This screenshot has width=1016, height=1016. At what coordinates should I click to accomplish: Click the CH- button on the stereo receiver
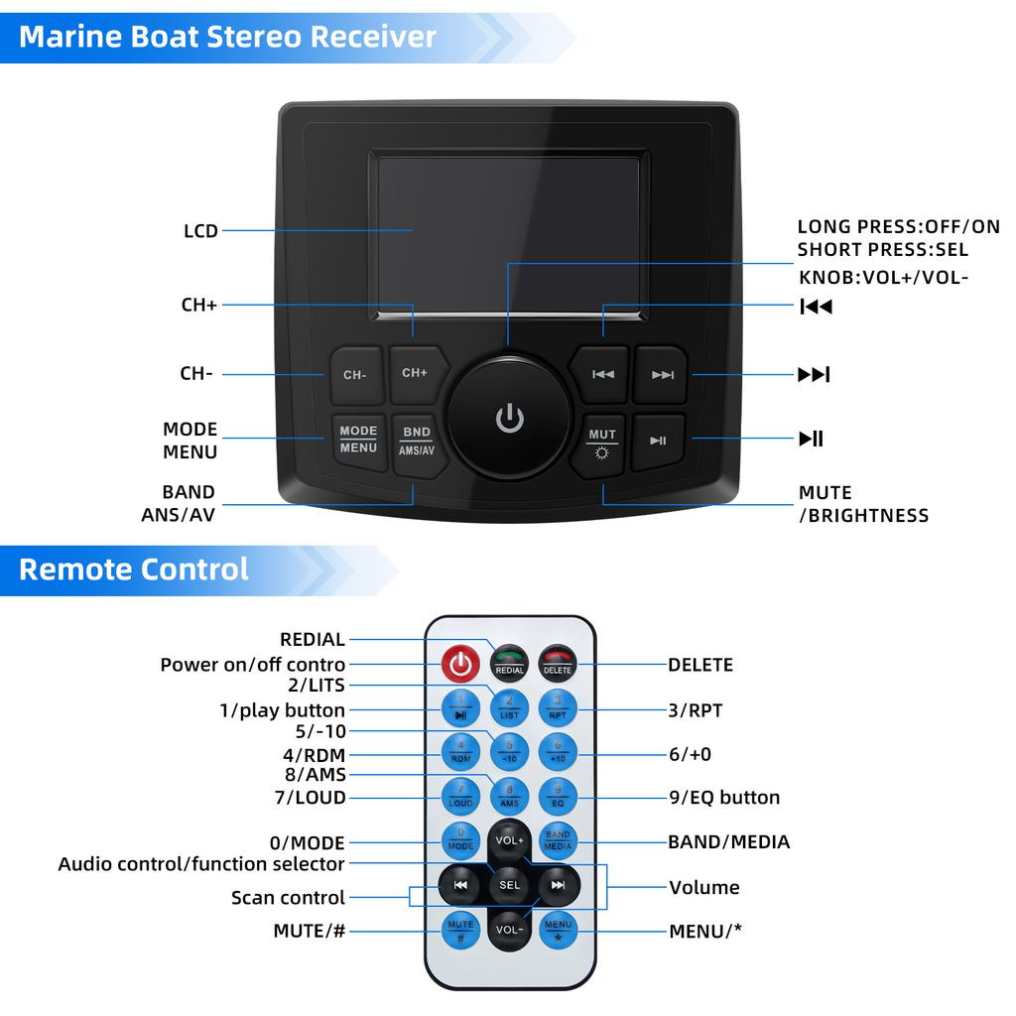(x=355, y=375)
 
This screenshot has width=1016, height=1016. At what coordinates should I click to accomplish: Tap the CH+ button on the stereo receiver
(x=415, y=372)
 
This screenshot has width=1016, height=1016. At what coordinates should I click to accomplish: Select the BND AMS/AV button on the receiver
(x=417, y=442)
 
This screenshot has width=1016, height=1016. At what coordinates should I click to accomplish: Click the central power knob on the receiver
(x=509, y=417)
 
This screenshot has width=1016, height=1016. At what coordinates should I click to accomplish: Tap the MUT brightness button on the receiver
(x=602, y=443)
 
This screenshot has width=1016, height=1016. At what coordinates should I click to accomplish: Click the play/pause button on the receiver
(x=659, y=441)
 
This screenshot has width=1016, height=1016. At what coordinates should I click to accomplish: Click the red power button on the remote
(x=459, y=664)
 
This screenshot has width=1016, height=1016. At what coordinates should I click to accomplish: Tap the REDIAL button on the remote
(x=509, y=663)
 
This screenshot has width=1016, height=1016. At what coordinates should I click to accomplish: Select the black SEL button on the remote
(x=509, y=884)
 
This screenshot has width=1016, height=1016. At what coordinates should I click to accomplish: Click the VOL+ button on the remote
(x=509, y=841)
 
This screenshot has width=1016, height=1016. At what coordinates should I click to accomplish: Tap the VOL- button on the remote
(x=509, y=930)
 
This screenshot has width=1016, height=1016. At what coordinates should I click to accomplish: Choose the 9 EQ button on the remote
(x=558, y=796)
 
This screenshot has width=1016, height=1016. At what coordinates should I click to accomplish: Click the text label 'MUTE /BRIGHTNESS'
(x=863, y=504)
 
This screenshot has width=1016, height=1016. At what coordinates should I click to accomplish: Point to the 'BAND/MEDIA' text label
(x=729, y=842)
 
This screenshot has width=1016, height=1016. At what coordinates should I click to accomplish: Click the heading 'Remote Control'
(x=134, y=570)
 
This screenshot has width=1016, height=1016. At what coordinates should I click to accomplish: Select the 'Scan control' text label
(x=288, y=898)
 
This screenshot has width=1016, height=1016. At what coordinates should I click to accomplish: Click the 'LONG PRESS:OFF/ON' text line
(x=898, y=227)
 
